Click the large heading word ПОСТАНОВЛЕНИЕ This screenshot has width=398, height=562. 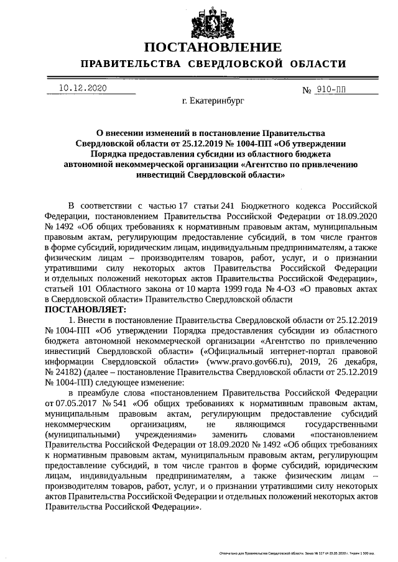213,47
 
